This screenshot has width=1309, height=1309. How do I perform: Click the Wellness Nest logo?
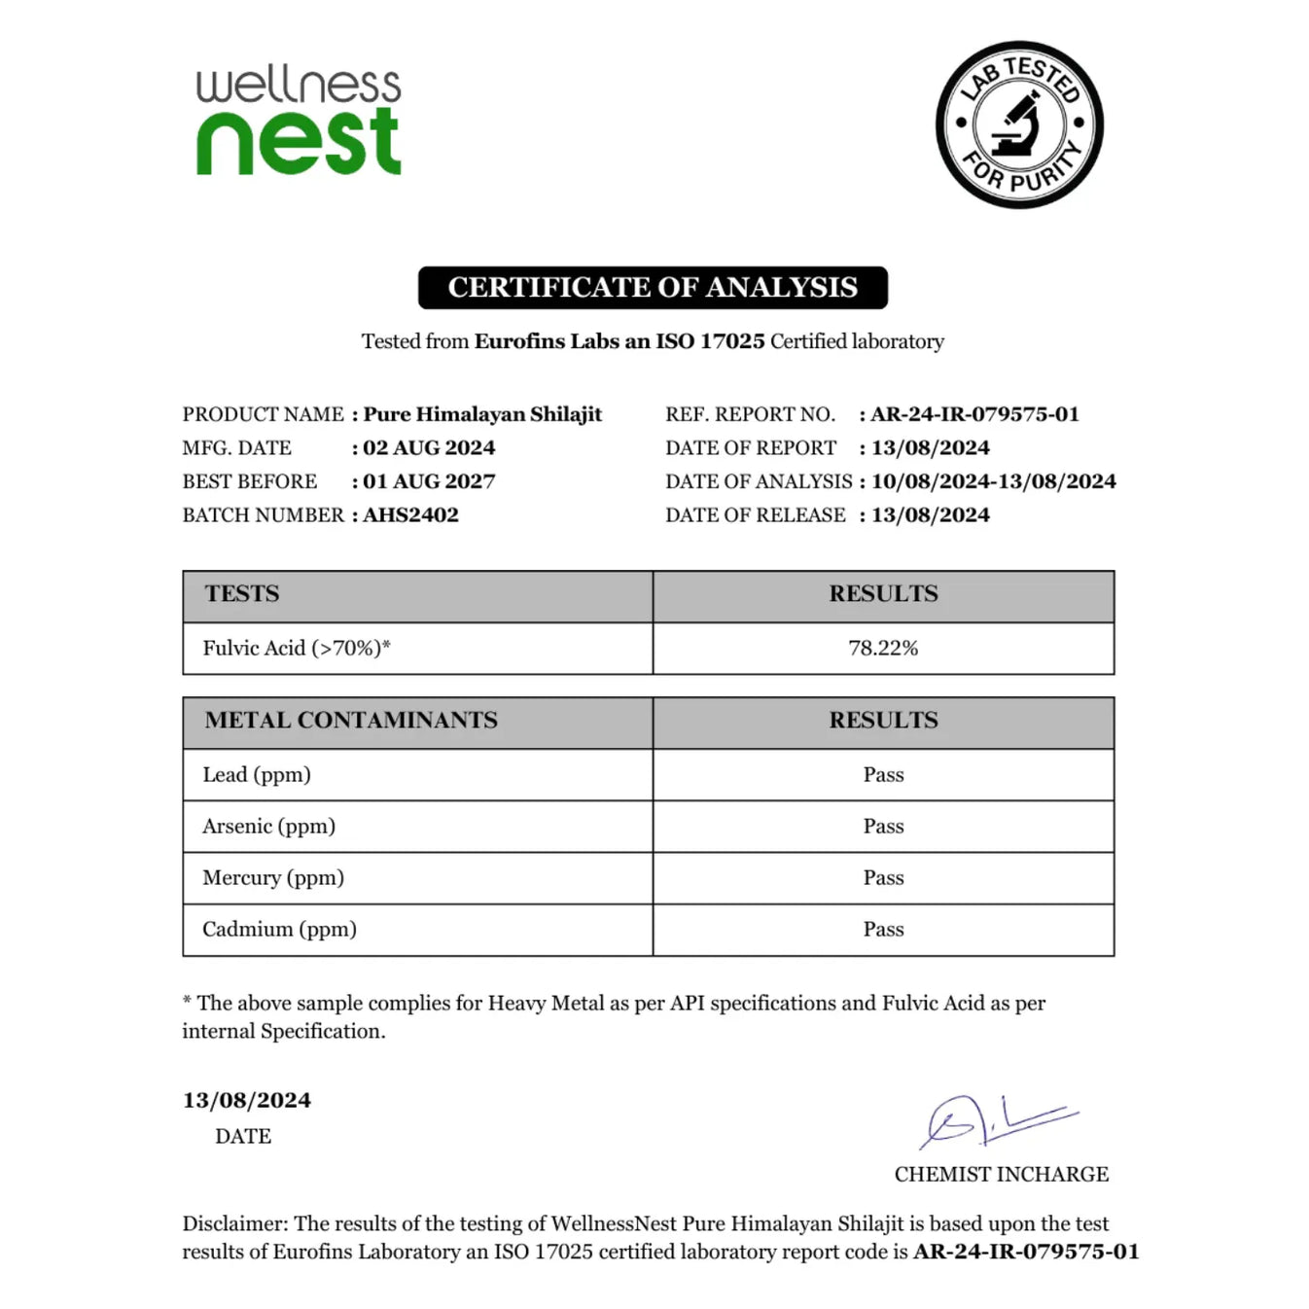coord(299,122)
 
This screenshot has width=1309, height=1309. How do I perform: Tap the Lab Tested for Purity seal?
coord(1019,124)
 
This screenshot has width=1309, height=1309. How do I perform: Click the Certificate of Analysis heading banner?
coord(653,288)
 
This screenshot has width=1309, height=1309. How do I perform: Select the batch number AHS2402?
coord(410,515)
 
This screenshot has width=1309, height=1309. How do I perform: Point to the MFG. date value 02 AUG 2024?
coord(429,448)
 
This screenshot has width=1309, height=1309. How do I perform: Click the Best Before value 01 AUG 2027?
coord(429,481)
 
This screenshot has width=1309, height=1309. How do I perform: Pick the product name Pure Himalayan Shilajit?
coord(482,414)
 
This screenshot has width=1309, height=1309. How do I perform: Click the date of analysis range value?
coord(993,481)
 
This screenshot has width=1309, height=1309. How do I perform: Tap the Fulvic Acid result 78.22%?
coord(883,649)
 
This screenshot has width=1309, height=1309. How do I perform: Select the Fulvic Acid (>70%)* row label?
coord(297,649)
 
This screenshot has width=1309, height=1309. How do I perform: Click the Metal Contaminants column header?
coord(351,721)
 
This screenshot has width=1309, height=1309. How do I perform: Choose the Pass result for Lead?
coord(883,775)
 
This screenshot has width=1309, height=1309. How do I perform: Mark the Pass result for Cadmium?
coord(883,930)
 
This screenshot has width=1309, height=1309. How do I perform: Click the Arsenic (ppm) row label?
coord(268,827)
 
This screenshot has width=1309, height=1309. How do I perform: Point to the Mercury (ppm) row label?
coord(273,878)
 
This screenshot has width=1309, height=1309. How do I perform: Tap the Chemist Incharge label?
coord(1001,1175)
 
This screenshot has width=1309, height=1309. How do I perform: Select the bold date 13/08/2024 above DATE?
coord(247,1101)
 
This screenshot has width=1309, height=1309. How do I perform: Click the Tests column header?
coord(242,594)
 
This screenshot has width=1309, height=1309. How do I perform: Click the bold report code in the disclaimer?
coord(1026,1253)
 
